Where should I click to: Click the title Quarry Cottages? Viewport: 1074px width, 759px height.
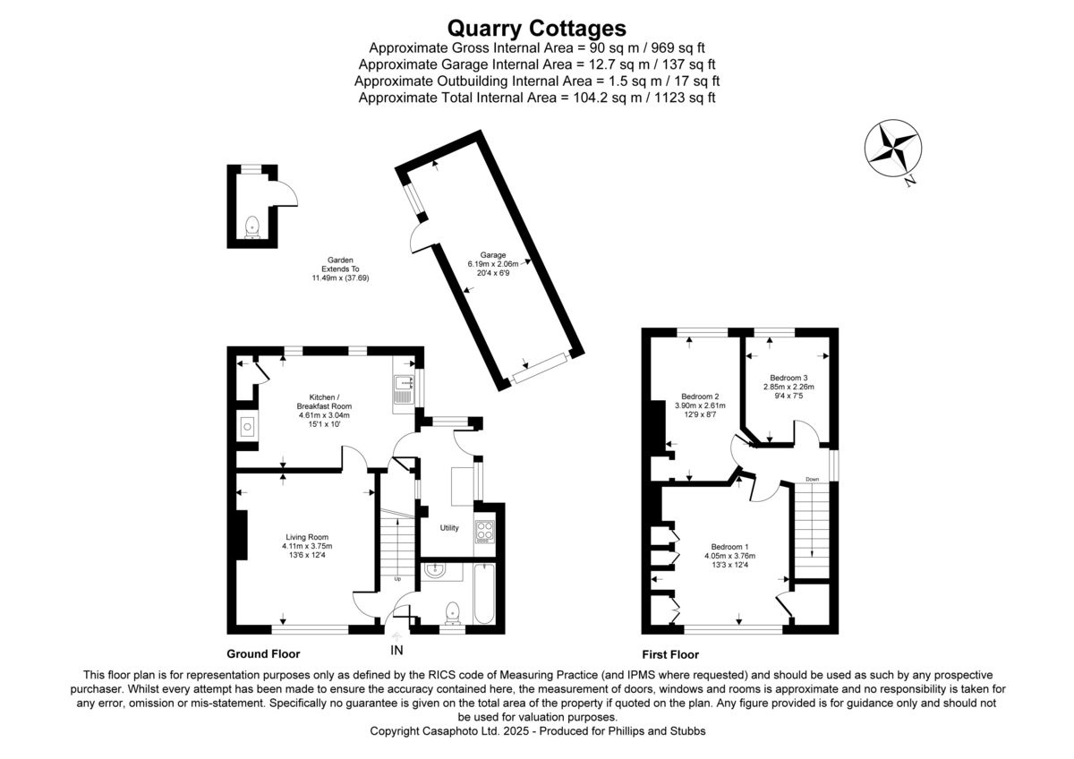pyautogui.click(x=536, y=28)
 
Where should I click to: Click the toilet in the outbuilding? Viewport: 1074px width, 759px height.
pyautogui.click(x=251, y=225)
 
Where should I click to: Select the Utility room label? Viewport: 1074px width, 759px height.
pyautogui.click(x=449, y=528)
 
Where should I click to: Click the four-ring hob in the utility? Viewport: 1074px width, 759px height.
pyautogui.click(x=484, y=532)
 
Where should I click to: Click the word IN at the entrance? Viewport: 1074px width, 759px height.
pyautogui.click(x=397, y=650)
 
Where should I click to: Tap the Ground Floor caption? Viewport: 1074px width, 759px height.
pyautogui.click(x=263, y=654)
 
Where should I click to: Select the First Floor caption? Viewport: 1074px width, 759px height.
pyautogui.click(x=670, y=654)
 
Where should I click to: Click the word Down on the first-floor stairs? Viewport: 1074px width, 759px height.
pyautogui.click(x=812, y=479)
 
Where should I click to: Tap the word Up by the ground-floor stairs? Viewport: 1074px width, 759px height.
pyautogui.click(x=397, y=578)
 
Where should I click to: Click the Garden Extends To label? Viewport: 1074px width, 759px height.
pyautogui.click(x=340, y=269)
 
